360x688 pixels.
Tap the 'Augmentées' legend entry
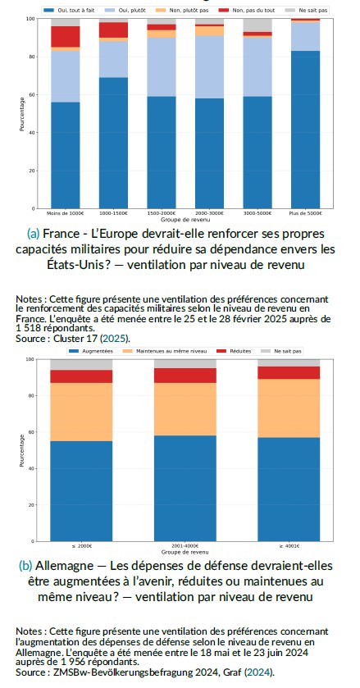tap(98, 351)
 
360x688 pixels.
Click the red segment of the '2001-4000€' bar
tap(186, 376)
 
